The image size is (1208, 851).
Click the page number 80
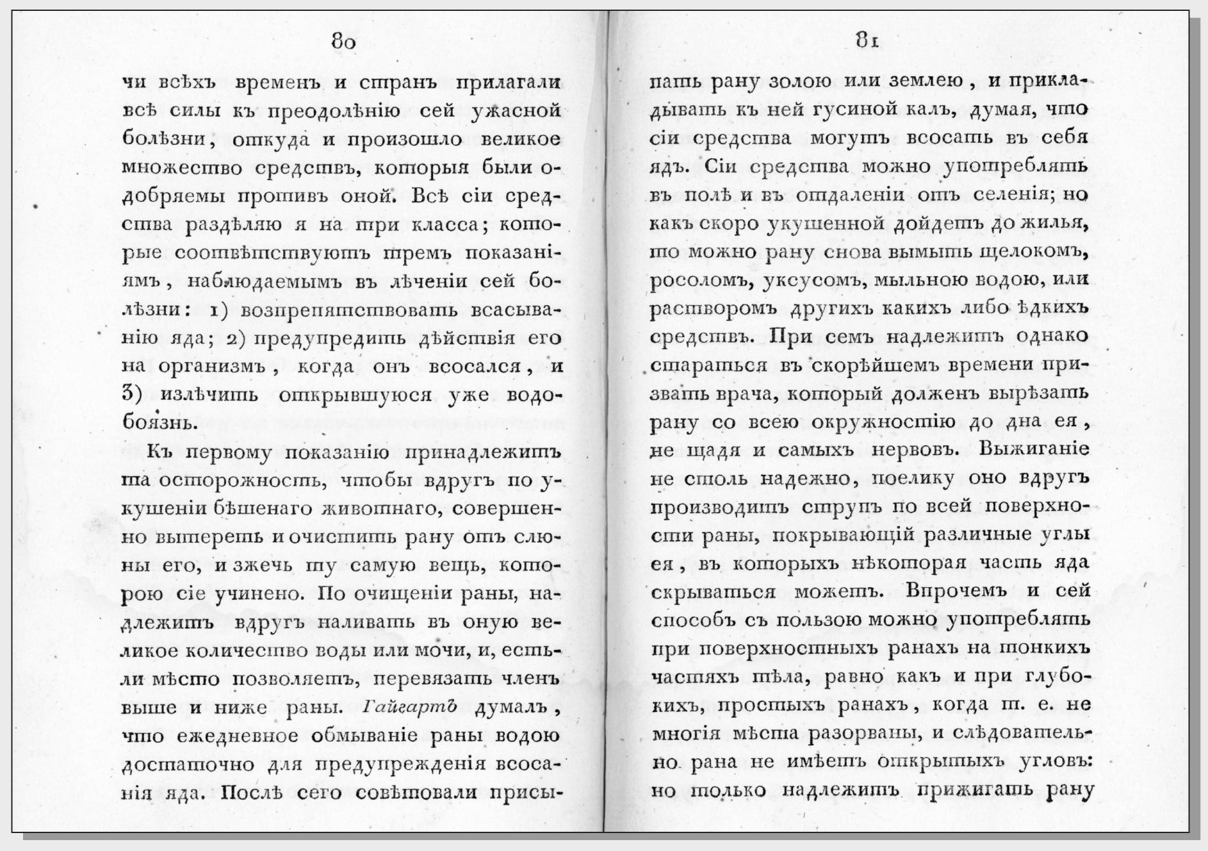tap(343, 42)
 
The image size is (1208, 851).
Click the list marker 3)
tap(130, 395)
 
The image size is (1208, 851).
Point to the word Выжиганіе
tap(1034, 449)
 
